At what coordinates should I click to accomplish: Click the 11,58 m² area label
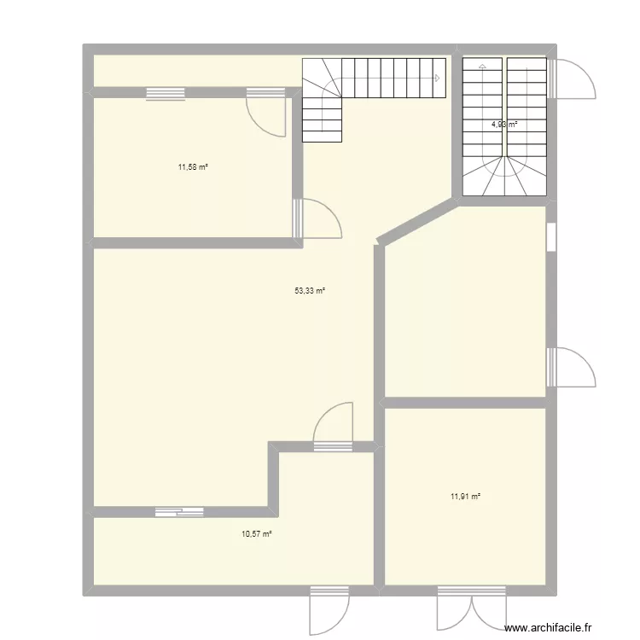(x=193, y=167)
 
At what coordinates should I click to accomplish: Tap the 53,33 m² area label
(x=310, y=291)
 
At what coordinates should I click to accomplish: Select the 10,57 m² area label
(x=256, y=534)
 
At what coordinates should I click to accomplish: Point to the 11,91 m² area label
(x=465, y=496)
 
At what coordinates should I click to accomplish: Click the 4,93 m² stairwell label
(x=503, y=125)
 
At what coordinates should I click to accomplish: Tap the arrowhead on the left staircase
(x=437, y=79)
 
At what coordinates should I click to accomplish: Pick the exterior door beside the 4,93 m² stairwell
(x=570, y=78)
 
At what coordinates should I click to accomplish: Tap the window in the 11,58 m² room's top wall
(x=165, y=94)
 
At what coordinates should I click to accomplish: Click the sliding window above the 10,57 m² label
(x=179, y=512)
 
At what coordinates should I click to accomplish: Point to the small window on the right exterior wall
(x=551, y=237)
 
